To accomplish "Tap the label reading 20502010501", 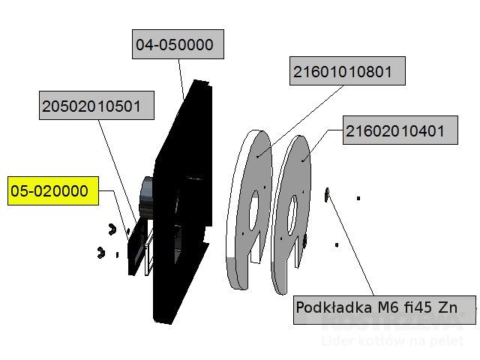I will pyautogui.click(x=97, y=106).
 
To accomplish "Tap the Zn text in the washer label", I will pyautogui.click(x=448, y=308).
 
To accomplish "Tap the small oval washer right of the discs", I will pyautogui.click(x=327, y=196).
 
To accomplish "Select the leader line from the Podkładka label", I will pyautogui.click(x=352, y=247).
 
